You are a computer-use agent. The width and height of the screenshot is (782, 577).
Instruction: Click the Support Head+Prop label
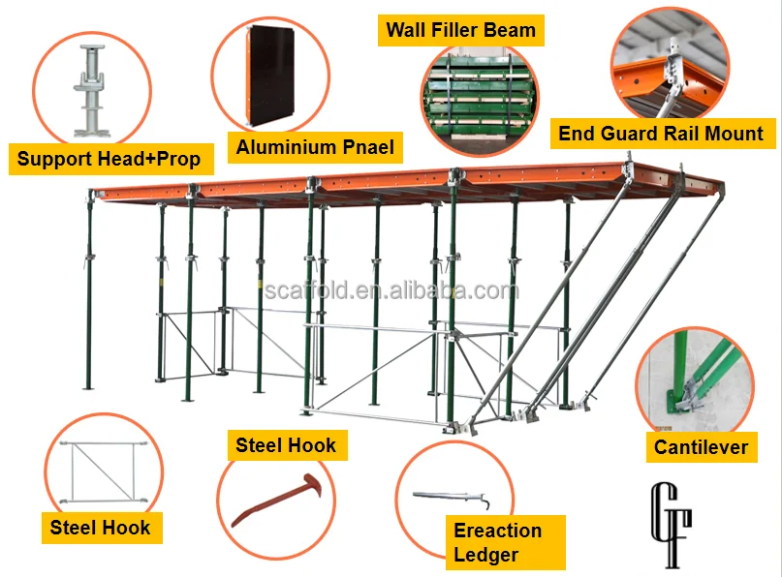click(x=109, y=159)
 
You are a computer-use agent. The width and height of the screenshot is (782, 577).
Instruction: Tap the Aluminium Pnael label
click(x=315, y=148)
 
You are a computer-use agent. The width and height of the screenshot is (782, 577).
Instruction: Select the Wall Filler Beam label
click(x=460, y=29)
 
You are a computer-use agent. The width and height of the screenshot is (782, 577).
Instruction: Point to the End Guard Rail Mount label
click(x=661, y=134)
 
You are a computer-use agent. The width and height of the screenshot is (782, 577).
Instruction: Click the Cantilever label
click(x=701, y=446)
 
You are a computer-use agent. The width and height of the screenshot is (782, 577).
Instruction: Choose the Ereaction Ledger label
click(x=497, y=542)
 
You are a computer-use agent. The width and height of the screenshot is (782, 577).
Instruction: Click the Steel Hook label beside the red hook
click(x=286, y=445)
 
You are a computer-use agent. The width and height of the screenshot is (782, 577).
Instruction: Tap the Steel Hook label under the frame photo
click(x=101, y=528)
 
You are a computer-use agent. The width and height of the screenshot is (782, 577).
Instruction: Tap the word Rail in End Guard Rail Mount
click(x=685, y=134)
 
